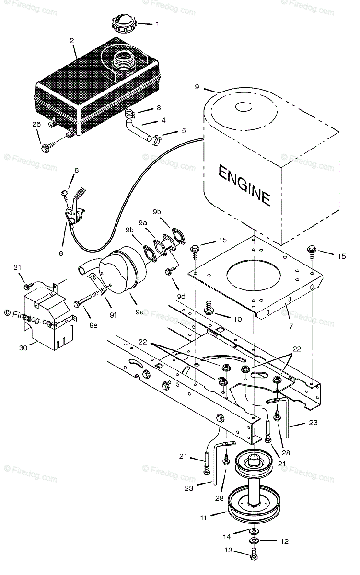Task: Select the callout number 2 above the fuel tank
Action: click(x=72, y=41)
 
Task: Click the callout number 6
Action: click(x=76, y=170)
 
